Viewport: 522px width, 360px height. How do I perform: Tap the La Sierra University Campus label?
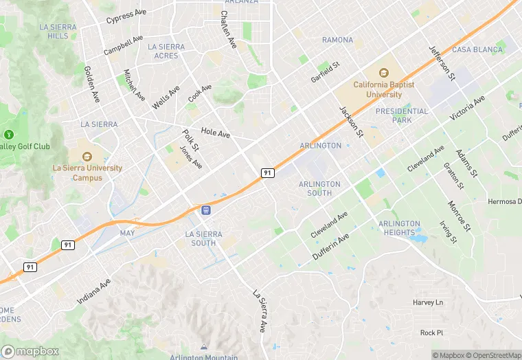[x=87, y=172]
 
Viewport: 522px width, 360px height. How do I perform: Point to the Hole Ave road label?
[x=215, y=133]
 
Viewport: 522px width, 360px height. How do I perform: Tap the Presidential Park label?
[x=402, y=115]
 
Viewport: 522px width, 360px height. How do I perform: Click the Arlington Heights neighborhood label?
[x=399, y=228]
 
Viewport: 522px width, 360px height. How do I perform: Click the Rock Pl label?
[x=432, y=333]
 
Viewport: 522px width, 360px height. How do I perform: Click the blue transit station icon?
[x=205, y=209]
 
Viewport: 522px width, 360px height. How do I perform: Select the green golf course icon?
[x=9, y=135]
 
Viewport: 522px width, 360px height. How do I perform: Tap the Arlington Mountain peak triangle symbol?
[x=203, y=346]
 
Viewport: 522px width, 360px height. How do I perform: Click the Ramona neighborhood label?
[x=337, y=40]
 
